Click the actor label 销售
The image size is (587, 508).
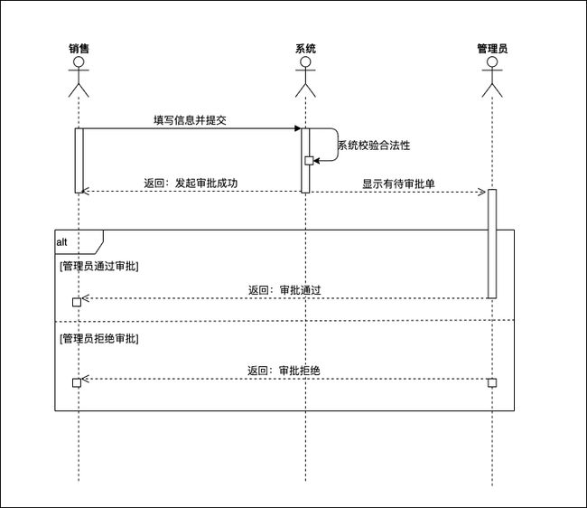click(79, 48)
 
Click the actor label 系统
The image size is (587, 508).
click(305, 48)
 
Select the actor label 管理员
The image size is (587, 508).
click(492, 48)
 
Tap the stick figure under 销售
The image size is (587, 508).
click(79, 76)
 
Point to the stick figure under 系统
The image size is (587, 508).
click(305, 76)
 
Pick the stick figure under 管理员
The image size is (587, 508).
click(492, 76)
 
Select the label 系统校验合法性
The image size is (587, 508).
click(374, 145)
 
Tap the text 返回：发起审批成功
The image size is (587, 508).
click(191, 183)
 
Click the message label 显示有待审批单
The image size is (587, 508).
click(398, 183)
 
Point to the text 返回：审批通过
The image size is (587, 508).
click(285, 290)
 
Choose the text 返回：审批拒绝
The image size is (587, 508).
click(285, 371)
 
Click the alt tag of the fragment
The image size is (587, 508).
click(62, 242)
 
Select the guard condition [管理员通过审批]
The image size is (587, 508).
click(99, 266)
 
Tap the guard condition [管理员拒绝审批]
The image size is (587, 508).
click(99, 338)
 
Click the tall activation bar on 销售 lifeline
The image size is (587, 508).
click(79, 160)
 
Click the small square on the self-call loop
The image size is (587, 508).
click(309, 161)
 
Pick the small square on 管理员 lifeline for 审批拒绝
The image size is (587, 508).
click(492, 382)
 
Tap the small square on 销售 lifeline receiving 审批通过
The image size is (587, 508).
click(76, 301)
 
